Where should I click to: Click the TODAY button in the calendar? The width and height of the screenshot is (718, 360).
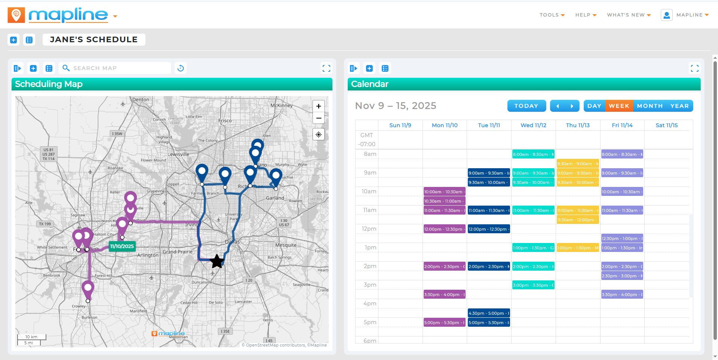point(526,106)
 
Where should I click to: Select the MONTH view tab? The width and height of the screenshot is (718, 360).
point(650,106)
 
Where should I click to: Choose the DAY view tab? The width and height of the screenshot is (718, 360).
point(594,106)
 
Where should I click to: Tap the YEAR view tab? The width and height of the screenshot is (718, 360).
point(679,106)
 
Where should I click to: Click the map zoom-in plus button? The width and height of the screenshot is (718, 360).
point(319,106)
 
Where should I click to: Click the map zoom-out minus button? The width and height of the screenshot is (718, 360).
point(319,118)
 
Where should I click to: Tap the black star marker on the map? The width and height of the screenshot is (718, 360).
point(217,261)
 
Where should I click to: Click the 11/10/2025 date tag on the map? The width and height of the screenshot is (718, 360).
point(122,246)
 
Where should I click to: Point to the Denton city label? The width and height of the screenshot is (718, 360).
point(141,100)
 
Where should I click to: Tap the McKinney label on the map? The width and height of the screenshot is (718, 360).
point(281,105)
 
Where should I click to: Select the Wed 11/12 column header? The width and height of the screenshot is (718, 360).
point(533,125)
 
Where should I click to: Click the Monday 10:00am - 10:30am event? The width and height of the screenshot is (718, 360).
point(444,192)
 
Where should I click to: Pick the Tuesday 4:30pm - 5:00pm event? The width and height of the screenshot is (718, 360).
point(489,313)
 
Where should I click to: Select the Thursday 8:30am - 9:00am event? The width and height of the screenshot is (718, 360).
point(577,164)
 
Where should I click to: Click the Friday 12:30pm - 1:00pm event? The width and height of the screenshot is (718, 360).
point(622,239)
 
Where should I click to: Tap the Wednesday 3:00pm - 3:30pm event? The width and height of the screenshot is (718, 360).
point(533,285)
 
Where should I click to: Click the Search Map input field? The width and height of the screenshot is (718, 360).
point(120,68)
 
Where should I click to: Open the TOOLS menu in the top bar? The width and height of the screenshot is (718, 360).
point(552,15)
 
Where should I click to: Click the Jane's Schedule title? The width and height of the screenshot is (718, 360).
point(94,40)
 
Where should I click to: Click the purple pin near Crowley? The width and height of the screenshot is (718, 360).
point(88,289)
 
